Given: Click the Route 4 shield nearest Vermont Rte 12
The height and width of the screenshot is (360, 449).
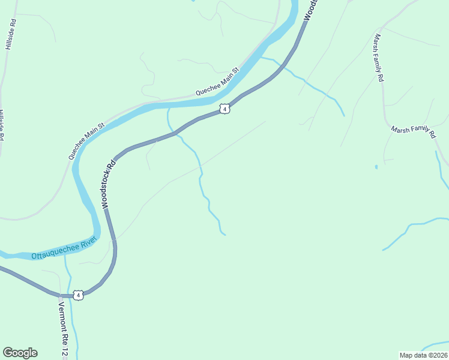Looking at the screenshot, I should pyautogui.click(x=78, y=295).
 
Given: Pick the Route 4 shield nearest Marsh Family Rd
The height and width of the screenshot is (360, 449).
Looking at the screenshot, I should pyautogui.click(x=224, y=109).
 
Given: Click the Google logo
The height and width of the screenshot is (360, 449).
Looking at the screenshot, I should pyautogui.click(x=20, y=353).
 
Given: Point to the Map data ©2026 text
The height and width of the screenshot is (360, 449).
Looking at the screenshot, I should pyautogui.click(x=424, y=355).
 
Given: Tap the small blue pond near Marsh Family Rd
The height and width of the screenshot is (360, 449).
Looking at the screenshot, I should pyautogui.click(x=376, y=166).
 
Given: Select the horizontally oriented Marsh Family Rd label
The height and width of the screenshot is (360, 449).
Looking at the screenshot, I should pyautogui.click(x=413, y=132).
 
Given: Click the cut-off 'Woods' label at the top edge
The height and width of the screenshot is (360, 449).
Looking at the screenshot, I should pyautogui.click(x=309, y=10).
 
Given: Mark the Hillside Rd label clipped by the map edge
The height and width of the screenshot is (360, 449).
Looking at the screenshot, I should pyautogui.click(x=2, y=125).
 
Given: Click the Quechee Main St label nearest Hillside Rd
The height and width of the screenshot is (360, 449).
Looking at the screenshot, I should pyautogui.click(x=86, y=141).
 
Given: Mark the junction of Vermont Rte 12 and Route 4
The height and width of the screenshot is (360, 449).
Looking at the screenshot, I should pyautogui.click(x=60, y=295).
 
